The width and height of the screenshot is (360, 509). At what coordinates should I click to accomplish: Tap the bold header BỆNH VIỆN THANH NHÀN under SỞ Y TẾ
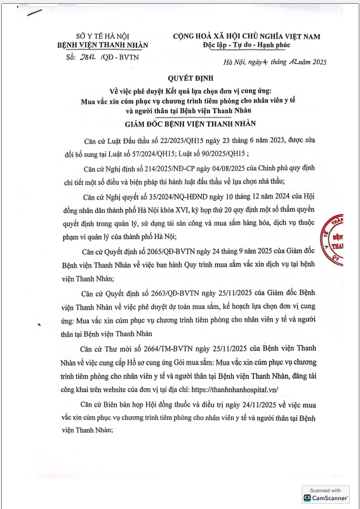coord(102,46)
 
